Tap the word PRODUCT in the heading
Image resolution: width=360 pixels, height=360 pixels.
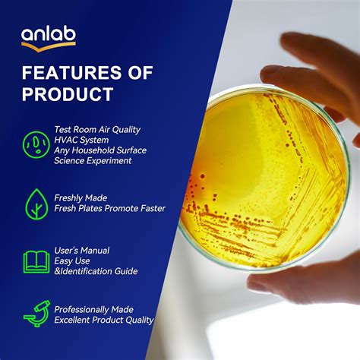68,94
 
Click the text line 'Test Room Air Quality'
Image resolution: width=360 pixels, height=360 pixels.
97,129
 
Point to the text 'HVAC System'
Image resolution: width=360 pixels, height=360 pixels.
81,140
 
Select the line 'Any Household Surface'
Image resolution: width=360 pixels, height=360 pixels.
99,150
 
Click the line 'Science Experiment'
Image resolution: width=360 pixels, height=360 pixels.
93,161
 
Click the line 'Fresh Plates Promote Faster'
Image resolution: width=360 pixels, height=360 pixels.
109,208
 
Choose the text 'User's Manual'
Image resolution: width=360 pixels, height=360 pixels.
81,250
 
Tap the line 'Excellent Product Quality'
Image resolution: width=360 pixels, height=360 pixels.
103,320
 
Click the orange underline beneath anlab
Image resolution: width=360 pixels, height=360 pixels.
48,46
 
